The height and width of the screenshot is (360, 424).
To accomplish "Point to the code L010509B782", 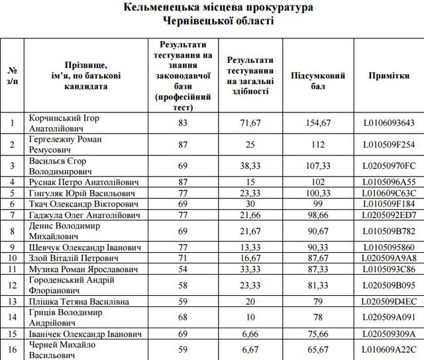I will (x=389, y=231).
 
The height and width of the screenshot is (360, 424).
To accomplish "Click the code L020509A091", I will (x=389, y=317).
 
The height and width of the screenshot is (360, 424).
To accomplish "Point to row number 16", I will (x=13, y=349).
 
